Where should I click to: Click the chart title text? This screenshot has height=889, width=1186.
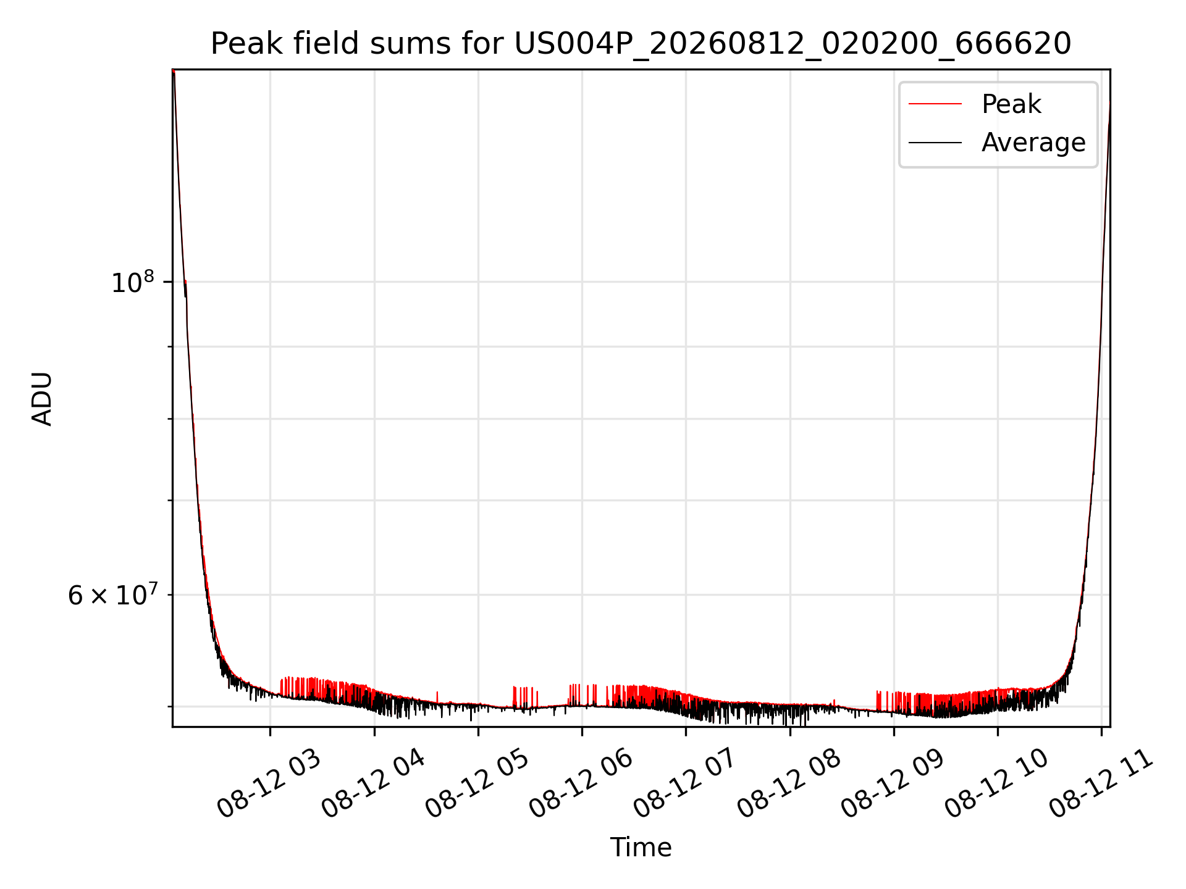(x=641, y=44)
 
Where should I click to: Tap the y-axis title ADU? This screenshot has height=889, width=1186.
(x=42, y=398)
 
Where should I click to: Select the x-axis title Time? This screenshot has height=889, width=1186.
(x=641, y=847)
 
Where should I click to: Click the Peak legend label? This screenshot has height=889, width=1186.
(x=1011, y=104)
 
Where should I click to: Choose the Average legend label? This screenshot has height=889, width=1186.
(x=1033, y=143)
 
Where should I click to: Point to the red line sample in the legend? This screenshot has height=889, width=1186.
(x=935, y=104)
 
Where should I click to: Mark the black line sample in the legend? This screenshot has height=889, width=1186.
(x=935, y=143)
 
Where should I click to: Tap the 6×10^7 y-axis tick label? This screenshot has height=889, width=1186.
(x=112, y=595)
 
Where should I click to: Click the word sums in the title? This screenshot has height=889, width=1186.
(x=405, y=44)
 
